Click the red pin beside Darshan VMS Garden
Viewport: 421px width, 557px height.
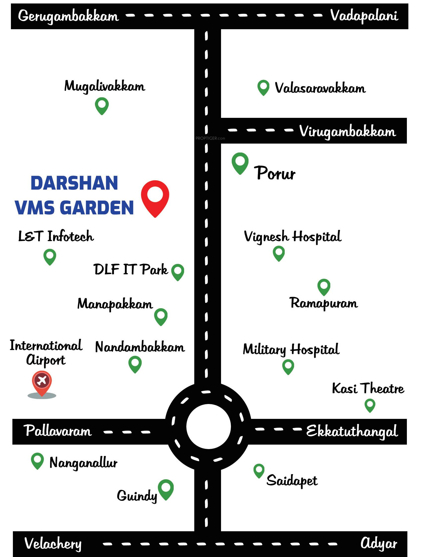point(155,196)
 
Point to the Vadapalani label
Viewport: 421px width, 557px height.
point(364,16)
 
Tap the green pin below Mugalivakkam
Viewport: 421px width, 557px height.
point(102,105)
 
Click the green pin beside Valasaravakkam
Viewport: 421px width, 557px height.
point(263,87)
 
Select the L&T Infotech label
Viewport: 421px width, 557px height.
point(56,236)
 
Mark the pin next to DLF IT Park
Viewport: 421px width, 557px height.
point(178,272)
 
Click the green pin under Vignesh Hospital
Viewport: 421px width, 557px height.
point(279,253)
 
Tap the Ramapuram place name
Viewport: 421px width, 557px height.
point(324,303)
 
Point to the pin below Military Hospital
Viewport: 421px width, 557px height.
point(288,366)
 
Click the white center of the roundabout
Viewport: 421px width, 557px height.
point(208,427)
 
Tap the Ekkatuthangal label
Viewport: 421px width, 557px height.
point(352,431)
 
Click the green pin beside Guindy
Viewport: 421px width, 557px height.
point(166,489)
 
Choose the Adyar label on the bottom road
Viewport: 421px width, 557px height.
point(379,543)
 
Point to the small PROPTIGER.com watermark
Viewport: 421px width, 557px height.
point(210,138)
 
